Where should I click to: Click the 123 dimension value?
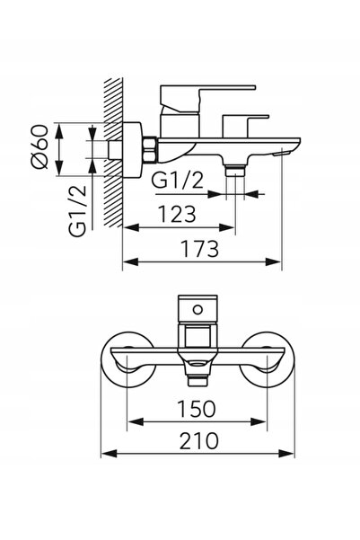(177, 214)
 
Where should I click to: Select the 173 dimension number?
(200, 249)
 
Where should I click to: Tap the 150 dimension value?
(197, 409)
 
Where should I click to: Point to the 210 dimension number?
(198, 441)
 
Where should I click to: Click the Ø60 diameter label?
(40, 146)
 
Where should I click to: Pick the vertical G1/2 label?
(77, 211)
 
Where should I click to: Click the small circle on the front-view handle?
(198, 309)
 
